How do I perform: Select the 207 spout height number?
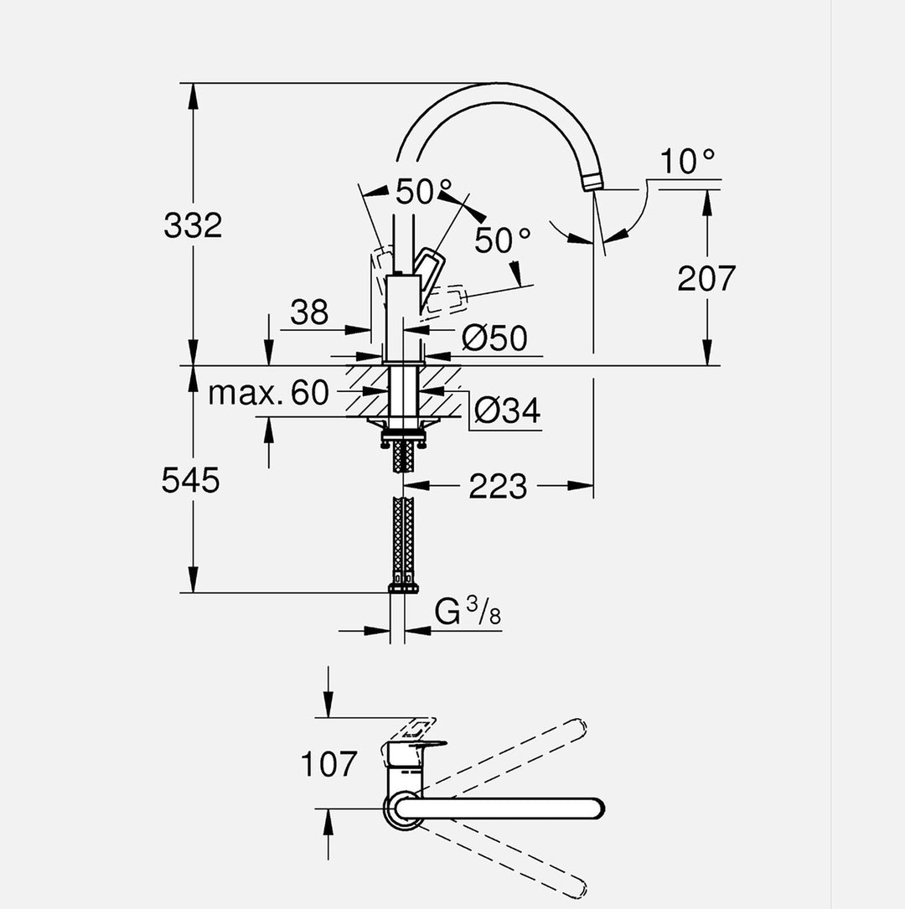[x=706, y=278]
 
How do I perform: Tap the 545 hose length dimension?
[x=191, y=480]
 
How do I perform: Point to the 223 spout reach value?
[x=498, y=486]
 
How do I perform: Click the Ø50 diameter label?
[x=494, y=338]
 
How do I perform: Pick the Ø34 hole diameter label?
[x=506, y=411]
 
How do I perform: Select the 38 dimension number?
[x=309, y=313]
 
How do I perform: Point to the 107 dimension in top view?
[x=328, y=764]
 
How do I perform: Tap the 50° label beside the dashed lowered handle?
[x=503, y=240]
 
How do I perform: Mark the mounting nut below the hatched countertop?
[x=404, y=434]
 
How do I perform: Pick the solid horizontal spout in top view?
[x=503, y=808]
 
